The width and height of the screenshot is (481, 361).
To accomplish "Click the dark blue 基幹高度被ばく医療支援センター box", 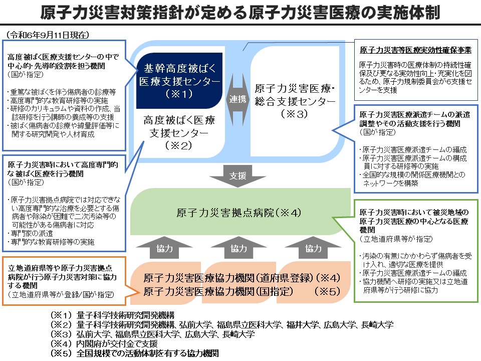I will point(179,81).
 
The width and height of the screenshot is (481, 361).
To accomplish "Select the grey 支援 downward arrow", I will point(237,176).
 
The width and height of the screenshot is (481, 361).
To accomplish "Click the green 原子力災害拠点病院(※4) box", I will point(238,212).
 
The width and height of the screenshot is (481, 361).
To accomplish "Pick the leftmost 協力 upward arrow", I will point(162,248).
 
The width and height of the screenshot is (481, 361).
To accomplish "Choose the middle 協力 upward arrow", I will point(238,248).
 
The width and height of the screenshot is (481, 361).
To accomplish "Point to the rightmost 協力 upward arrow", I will point(313,248).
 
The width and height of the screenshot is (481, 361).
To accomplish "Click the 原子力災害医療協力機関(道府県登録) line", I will point(228,278).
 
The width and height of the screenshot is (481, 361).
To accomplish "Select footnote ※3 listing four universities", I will point(153,334).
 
